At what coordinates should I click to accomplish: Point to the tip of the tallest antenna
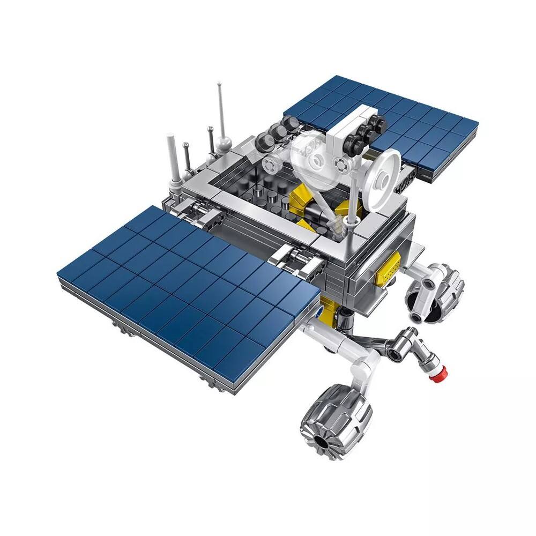tap(219, 84)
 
